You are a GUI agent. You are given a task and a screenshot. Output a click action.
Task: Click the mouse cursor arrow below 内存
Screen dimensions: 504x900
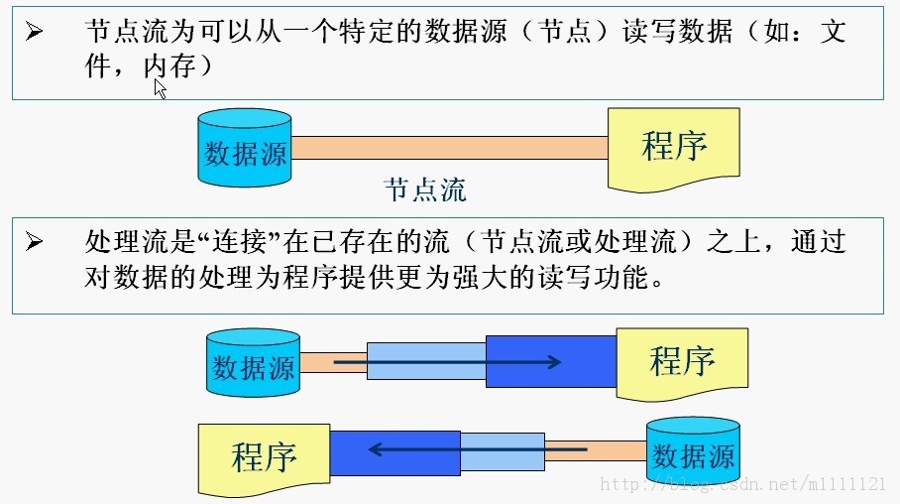point(159,87)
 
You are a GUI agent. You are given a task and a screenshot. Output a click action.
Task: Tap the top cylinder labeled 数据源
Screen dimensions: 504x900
point(245,149)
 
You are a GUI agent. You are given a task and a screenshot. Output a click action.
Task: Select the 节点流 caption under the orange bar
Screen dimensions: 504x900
point(425,189)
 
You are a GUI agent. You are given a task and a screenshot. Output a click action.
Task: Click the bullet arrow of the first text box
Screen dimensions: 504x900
point(35,32)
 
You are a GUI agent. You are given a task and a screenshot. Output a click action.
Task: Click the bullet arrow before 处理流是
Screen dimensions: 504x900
point(35,241)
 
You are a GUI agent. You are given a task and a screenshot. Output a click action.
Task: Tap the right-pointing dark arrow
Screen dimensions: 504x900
point(446,362)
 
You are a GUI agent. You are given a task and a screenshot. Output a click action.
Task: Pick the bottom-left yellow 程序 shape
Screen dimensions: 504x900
point(264,456)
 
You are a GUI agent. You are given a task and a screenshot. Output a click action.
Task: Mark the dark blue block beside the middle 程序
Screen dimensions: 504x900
point(550,361)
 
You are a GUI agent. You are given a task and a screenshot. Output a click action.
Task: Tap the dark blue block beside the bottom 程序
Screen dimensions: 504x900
point(394,451)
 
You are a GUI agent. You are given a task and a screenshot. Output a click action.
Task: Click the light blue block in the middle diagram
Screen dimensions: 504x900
point(426,361)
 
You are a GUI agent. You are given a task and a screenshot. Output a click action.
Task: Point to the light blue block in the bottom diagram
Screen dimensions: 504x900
point(503,451)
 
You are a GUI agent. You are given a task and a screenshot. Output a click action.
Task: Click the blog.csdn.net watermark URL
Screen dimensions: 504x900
point(743,484)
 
